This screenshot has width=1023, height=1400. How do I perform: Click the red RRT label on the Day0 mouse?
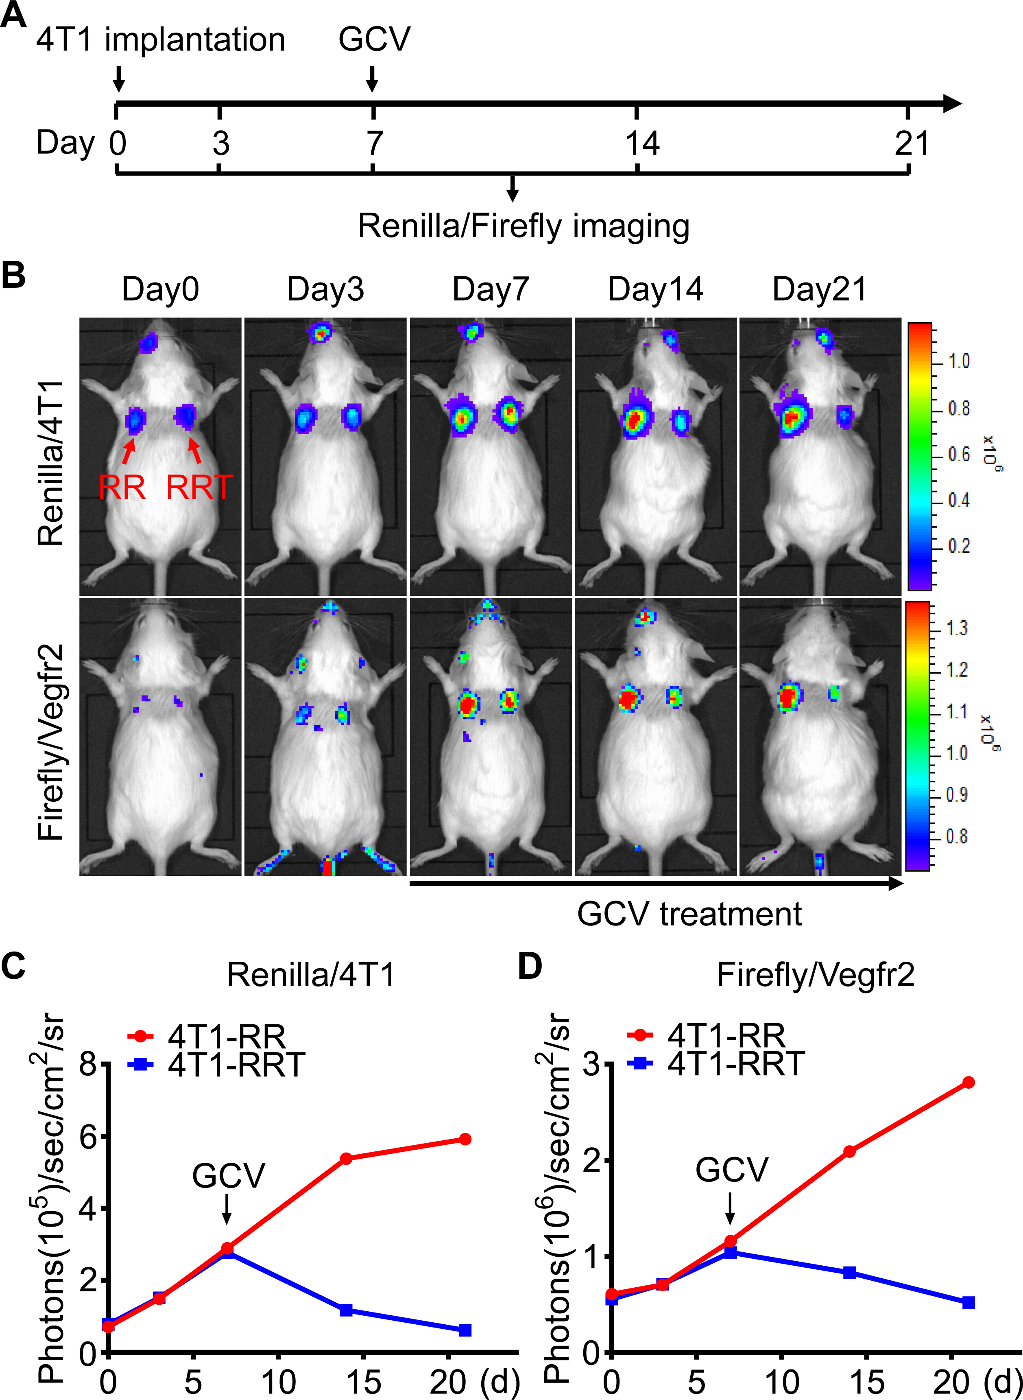click(199, 488)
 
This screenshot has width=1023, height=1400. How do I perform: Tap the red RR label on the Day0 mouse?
click(122, 488)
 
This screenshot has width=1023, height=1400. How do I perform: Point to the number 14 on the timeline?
click(641, 144)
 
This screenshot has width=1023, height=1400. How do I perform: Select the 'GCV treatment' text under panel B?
click(689, 914)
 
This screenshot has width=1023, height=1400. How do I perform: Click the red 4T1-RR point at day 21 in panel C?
click(465, 1139)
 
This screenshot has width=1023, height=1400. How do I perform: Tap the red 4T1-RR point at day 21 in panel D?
click(968, 1082)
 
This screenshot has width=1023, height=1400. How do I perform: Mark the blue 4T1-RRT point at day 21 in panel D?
click(968, 1302)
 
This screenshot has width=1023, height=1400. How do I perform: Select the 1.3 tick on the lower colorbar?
click(957, 629)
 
